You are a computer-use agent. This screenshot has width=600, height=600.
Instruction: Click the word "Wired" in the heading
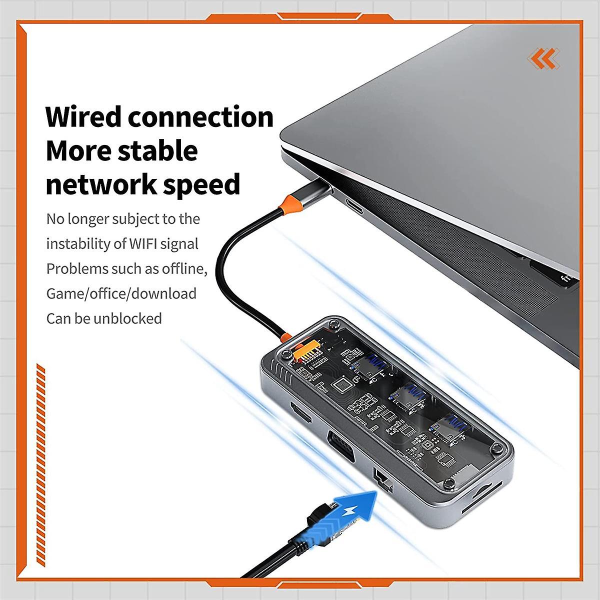coord(83,116)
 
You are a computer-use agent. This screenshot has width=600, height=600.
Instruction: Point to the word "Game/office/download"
coord(121,293)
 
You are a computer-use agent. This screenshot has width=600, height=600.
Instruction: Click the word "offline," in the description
coord(184,268)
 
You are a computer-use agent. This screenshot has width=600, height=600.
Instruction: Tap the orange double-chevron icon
coord(543,58)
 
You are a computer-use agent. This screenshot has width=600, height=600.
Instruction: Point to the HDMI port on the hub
coord(301,412)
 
